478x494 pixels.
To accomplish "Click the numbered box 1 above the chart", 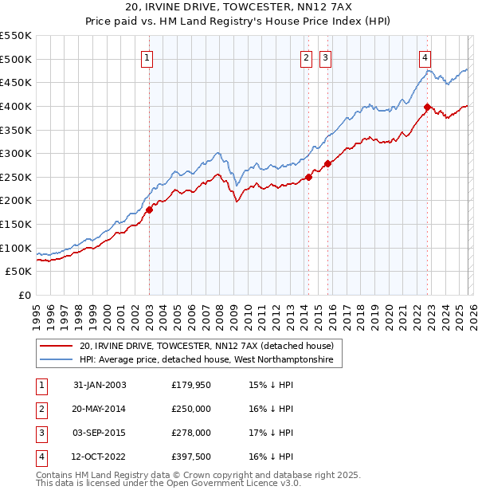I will coord(149,57).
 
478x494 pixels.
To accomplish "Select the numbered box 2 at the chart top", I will coord(307,57).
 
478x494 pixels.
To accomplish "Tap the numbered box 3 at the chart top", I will coord(326,57).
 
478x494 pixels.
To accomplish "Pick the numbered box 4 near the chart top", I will coord(426,57).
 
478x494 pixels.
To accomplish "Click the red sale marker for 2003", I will coord(149,210).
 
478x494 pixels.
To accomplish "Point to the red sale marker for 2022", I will coord(427,107).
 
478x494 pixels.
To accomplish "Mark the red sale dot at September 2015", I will coord(327,163).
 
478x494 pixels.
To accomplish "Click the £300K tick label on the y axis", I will coord(16,153).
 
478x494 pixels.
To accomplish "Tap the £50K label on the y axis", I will coord(18,271).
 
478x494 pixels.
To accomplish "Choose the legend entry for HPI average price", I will coord(210,361).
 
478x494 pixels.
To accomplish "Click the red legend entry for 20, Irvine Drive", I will coord(210,347).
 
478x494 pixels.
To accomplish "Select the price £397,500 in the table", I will coord(191,457).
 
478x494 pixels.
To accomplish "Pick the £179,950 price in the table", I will coord(191,385).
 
